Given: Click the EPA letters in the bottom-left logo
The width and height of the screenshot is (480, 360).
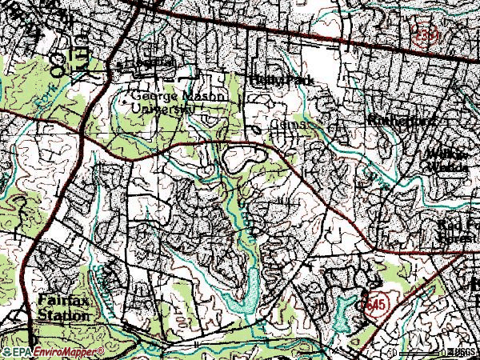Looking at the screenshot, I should click(22, 352).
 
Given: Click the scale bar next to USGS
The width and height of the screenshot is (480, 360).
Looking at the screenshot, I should click(420, 352).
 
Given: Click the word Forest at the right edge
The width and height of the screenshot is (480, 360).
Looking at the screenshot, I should click(461, 238).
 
